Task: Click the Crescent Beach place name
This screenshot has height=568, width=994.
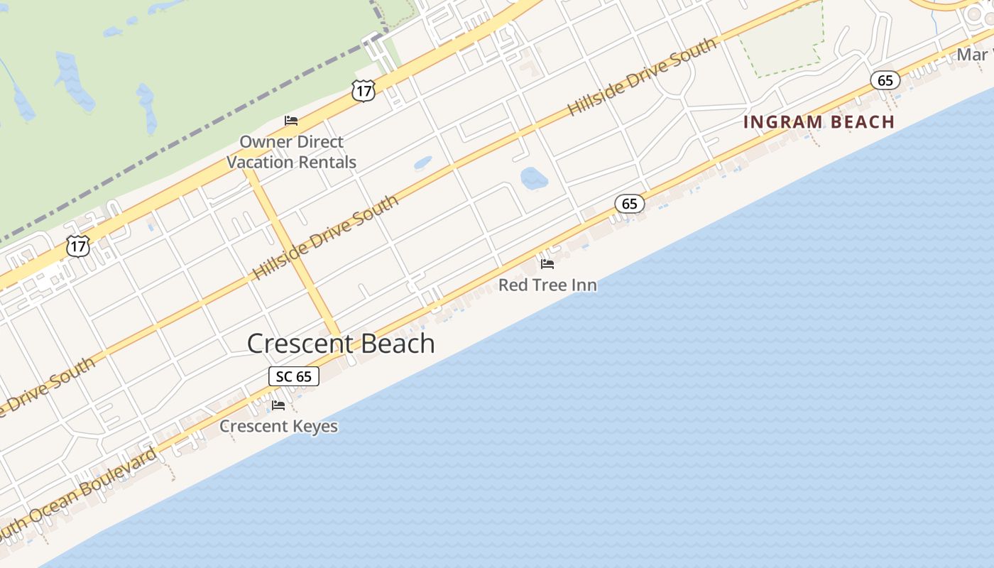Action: point(341,344)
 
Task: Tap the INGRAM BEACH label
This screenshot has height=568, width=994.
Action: point(819,122)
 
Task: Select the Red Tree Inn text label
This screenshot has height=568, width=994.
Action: point(547,285)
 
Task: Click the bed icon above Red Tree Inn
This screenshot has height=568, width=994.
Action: point(547,264)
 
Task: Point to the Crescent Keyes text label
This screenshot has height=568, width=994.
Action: point(278,426)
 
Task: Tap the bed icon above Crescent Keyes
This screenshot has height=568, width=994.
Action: point(278,405)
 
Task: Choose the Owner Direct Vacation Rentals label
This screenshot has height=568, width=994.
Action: point(291,152)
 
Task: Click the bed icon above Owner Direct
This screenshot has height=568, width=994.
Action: point(291,120)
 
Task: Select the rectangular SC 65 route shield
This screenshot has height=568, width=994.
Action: point(294,376)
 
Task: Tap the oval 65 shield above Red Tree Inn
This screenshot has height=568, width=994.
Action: point(630,204)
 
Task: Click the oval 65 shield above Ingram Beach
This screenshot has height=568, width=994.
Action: point(885,80)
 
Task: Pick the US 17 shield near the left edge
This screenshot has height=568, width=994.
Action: point(77,246)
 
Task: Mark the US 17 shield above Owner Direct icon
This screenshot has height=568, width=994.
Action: point(363,90)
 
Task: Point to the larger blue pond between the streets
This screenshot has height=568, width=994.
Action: point(534,178)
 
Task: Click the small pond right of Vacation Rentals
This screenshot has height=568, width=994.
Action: point(422,163)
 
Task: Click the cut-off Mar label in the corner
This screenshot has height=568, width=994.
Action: point(973,55)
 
